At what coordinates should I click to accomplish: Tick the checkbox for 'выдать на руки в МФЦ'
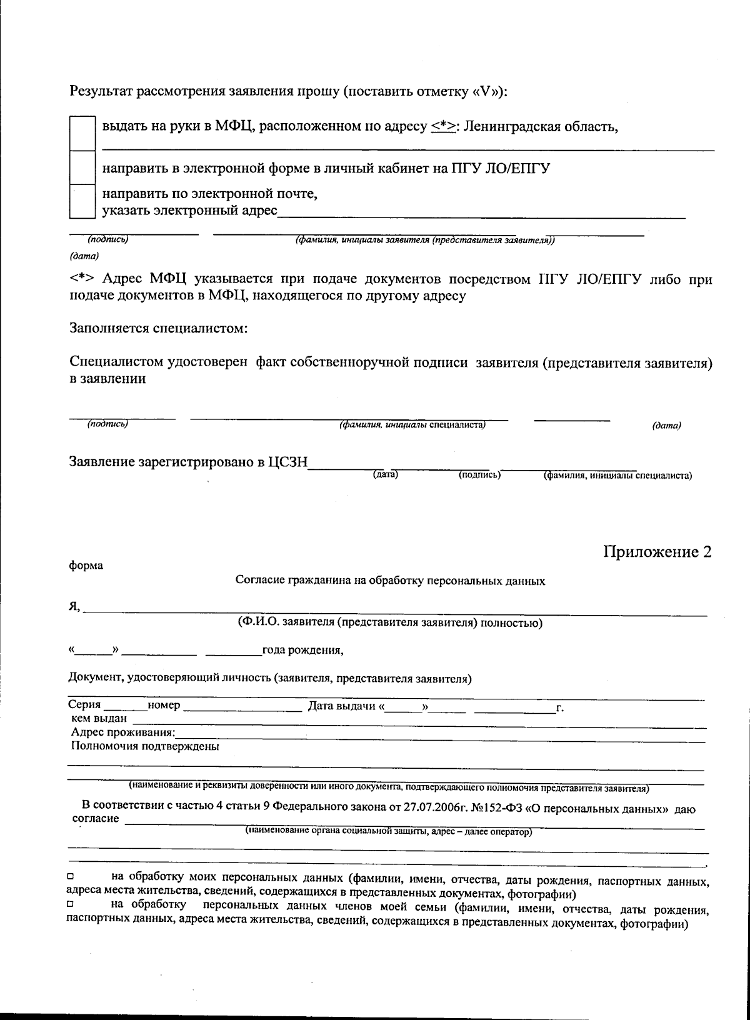[x=82, y=133]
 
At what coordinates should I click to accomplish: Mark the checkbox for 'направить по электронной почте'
[x=82, y=201]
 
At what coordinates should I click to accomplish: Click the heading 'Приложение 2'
[x=657, y=552]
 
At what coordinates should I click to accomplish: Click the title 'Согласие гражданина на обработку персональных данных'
[x=390, y=581]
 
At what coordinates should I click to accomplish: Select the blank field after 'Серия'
[x=125, y=707]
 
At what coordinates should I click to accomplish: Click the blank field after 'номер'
[x=242, y=707]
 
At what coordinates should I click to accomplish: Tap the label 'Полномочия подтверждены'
[x=145, y=746]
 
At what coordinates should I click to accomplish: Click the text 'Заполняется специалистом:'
[x=159, y=328]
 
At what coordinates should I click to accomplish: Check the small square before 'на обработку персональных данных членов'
[x=71, y=904]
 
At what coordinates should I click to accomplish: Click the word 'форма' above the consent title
[x=86, y=566]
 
